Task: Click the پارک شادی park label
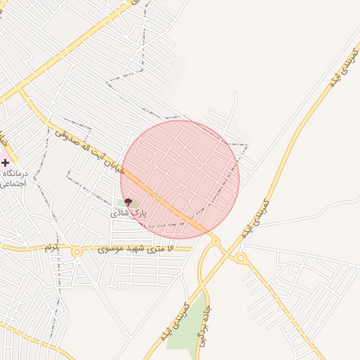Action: tap(127, 212)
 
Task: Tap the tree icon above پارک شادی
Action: tap(127, 202)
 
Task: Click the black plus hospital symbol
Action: tap(6, 162)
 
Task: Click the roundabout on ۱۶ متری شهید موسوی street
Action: tap(76, 251)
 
